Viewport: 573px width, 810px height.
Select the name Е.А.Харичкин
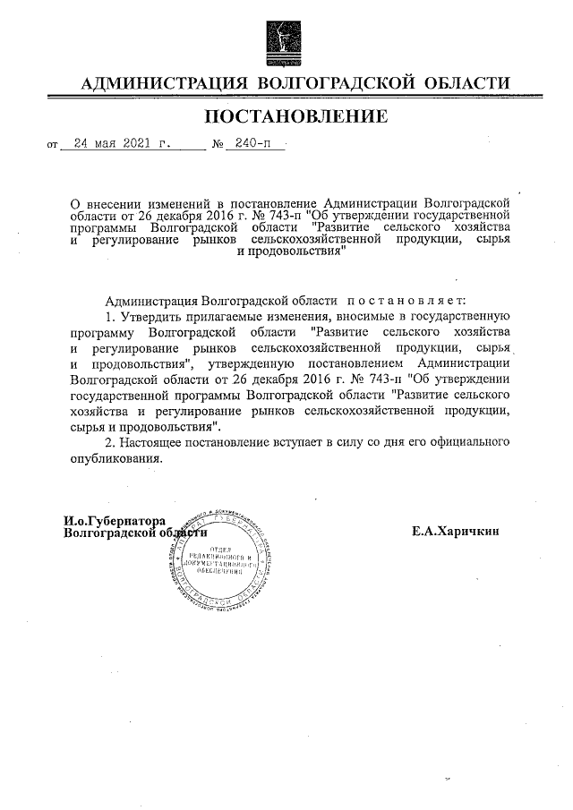coord(455,530)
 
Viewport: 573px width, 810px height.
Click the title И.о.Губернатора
coord(115,520)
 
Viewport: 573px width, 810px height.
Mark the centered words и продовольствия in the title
coord(291,253)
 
